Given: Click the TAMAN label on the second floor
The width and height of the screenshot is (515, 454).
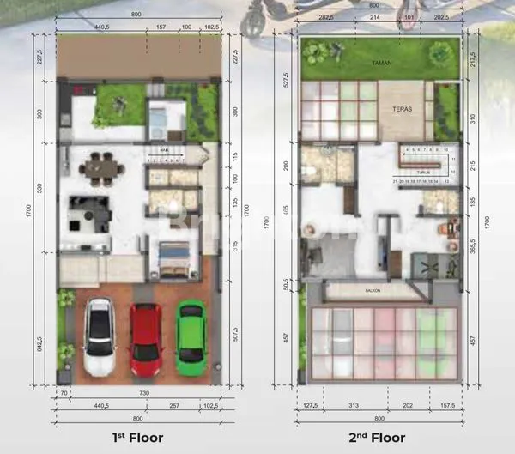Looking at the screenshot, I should coord(380,63).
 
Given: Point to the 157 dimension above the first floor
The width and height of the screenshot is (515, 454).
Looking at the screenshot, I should coord(161,27).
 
